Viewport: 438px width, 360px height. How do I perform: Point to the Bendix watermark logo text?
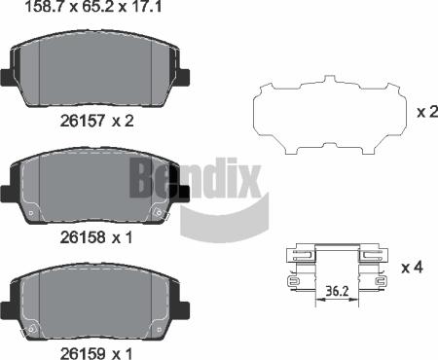coord(195,181)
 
